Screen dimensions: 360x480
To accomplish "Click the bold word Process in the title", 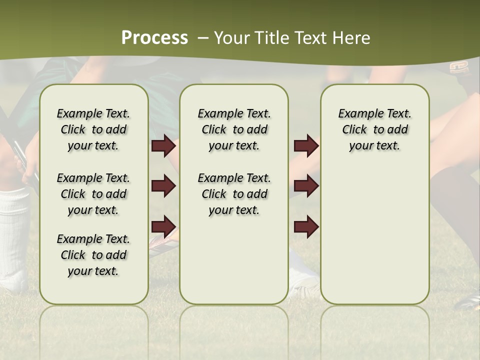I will [x=154, y=38].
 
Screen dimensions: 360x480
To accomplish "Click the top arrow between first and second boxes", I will [x=163, y=146].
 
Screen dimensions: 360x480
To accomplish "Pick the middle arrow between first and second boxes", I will [x=163, y=186].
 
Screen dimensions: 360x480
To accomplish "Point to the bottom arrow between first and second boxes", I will [x=163, y=226].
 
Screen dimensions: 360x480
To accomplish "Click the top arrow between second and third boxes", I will [x=306, y=146].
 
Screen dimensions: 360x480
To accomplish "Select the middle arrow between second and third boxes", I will [x=306, y=186].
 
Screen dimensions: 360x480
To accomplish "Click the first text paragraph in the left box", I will [x=93, y=129].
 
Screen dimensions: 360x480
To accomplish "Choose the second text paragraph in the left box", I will [x=93, y=194].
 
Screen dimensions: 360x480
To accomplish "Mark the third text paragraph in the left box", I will [x=93, y=255].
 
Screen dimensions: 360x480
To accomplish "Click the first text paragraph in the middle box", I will [x=234, y=129].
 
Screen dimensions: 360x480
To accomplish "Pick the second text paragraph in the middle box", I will [x=234, y=194].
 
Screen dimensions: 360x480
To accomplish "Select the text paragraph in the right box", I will [x=375, y=129].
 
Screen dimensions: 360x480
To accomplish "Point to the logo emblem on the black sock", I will [x=458, y=67].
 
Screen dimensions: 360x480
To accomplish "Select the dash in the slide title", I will [x=203, y=38].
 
